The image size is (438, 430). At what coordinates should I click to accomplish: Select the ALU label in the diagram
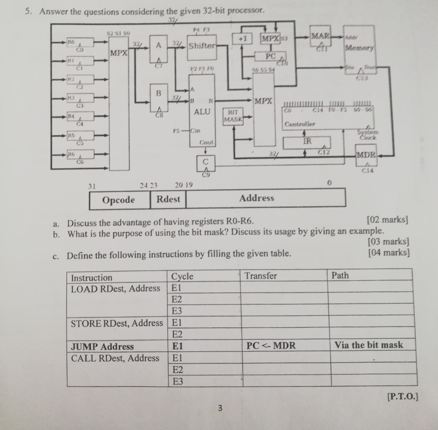tap(202, 112)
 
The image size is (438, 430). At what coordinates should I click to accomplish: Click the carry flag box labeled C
tap(206, 162)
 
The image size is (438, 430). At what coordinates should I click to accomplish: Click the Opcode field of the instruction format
tap(119, 199)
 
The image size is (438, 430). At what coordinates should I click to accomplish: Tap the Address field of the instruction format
tap(257, 199)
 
